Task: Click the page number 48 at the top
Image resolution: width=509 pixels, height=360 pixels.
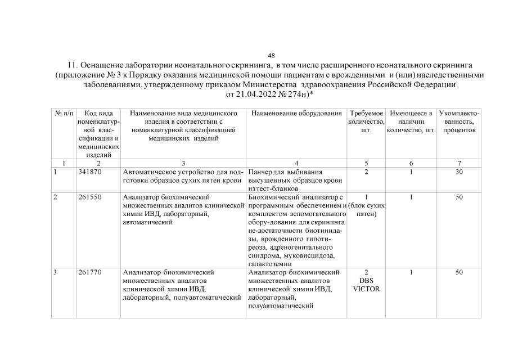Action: tap(272, 56)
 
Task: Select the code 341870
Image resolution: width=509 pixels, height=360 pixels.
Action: tap(89, 172)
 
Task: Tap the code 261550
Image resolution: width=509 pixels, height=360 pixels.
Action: tap(89, 197)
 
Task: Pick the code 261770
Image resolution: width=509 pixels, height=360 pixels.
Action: tap(89, 273)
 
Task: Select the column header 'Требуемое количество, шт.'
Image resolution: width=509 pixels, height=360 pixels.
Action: tap(366, 122)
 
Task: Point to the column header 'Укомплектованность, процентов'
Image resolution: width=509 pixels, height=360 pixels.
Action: tap(459, 122)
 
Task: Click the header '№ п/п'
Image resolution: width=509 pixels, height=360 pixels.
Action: tap(64, 114)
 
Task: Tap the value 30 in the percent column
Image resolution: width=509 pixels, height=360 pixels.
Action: tap(459, 172)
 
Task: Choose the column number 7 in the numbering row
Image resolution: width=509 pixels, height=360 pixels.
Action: tap(459, 163)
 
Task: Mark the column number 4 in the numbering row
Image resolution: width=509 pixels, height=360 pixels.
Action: tap(296, 163)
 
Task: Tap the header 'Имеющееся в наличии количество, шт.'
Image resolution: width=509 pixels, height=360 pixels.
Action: tap(411, 122)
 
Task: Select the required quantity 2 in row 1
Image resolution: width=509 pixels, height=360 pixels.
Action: tap(366, 172)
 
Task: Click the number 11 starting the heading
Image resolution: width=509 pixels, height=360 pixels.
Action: tap(72, 65)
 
